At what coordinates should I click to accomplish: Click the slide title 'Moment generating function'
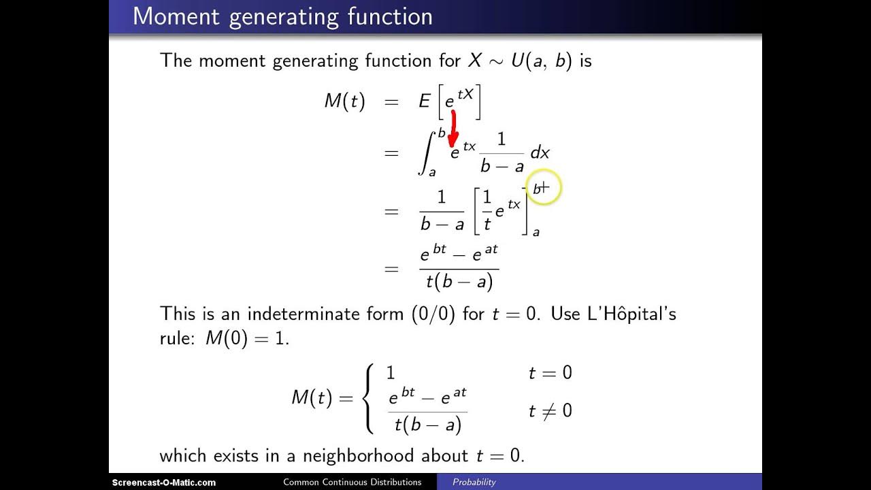[x=282, y=16]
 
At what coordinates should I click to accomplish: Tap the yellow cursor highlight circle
[x=542, y=187]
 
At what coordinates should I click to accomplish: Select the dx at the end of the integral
[x=540, y=153]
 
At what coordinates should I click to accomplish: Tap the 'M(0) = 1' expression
[x=247, y=338]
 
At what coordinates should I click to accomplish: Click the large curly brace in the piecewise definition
[x=369, y=399]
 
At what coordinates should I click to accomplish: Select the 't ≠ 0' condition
[x=550, y=411]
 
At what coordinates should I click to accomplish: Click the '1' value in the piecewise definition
[x=391, y=373]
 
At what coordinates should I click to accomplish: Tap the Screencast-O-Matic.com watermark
[x=164, y=483]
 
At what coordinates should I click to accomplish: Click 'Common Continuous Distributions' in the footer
[x=352, y=483]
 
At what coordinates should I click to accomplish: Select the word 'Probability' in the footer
[x=474, y=483]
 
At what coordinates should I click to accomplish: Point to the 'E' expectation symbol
[x=425, y=102]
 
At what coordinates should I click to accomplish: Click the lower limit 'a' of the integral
[x=431, y=172]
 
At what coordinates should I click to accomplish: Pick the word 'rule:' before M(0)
[x=179, y=338]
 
